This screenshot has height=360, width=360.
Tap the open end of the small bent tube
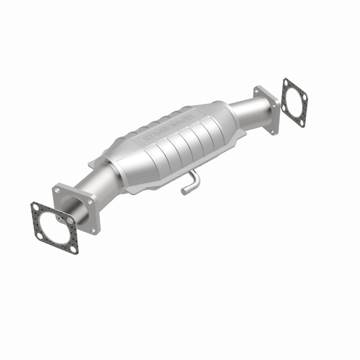click(184, 192)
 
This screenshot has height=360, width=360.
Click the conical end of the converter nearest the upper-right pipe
click(220, 110)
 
